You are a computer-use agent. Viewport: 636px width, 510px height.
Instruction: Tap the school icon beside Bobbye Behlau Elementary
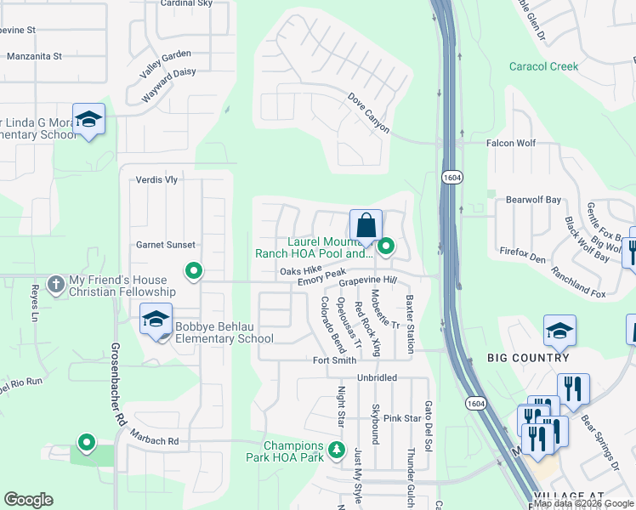tap(156, 320)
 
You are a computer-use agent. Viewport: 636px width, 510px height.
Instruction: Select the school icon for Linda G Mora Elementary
tap(88, 121)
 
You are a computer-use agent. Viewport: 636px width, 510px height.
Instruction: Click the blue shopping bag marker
tap(366, 227)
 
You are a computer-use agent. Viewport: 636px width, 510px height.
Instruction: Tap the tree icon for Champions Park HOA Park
tap(338, 449)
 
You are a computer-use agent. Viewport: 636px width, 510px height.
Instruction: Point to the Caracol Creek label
tap(543, 66)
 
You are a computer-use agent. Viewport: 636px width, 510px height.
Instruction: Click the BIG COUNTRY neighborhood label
tap(527, 358)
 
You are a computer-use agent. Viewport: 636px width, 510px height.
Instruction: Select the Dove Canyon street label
tap(368, 114)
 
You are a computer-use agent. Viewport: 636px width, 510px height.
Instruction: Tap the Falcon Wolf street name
tap(510, 144)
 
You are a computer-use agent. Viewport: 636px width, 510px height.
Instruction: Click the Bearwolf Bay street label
tap(534, 200)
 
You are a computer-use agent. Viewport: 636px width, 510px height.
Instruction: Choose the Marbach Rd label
tap(155, 441)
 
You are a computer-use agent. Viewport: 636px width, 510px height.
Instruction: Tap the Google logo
tap(28, 499)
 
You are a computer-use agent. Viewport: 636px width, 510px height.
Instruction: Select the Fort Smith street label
tap(334, 360)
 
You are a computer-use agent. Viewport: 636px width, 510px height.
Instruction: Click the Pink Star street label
tap(402, 418)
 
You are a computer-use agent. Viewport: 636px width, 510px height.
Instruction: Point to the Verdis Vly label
tap(156, 180)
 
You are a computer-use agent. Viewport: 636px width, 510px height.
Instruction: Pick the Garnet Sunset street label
tap(166, 245)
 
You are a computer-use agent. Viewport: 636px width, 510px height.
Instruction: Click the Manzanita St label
tap(34, 57)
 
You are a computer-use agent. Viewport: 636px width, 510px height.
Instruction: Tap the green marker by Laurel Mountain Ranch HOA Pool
tap(386, 247)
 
